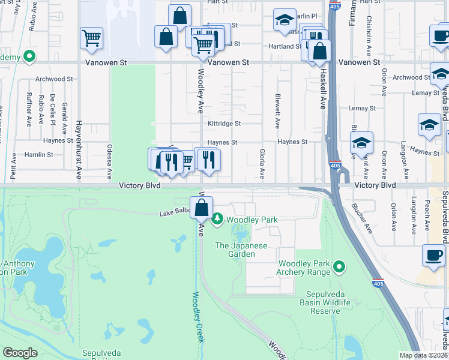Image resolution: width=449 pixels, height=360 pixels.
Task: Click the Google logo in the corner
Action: (20, 353)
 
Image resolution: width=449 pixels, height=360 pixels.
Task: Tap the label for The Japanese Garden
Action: (241, 250)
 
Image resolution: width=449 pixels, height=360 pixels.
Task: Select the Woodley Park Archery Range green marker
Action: (339, 266)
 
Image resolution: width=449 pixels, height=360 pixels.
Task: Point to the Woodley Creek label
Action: (199, 317)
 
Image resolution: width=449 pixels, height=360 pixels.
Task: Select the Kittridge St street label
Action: (224, 124)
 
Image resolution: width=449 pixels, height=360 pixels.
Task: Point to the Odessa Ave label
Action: (110, 161)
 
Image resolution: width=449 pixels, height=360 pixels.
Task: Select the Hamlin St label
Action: (39, 155)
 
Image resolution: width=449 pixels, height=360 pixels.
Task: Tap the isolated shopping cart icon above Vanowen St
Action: (91, 38)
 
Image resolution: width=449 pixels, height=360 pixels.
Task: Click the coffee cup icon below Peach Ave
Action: (433, 255)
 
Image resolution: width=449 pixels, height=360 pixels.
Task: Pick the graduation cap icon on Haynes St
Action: (361, 143)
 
